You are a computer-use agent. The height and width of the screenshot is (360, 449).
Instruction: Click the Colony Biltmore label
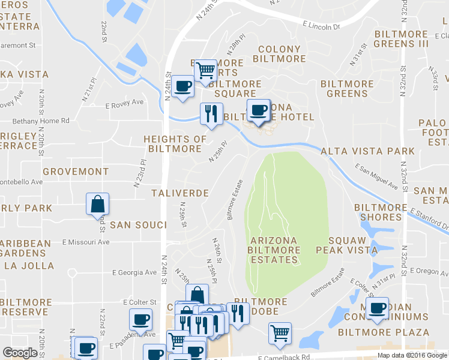click(279, 54)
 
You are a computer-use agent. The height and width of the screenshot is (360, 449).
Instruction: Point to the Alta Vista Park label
click(367, 151)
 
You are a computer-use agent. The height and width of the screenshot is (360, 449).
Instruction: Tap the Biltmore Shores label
click(386, 212)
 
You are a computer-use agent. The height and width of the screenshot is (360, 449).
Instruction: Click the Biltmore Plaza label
click(383, 332)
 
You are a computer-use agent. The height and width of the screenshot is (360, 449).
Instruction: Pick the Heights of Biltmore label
click(175, 144)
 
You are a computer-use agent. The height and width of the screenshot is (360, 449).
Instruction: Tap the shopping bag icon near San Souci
click(98, 205)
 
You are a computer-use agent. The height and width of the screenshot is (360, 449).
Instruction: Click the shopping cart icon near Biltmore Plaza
click(280, 332)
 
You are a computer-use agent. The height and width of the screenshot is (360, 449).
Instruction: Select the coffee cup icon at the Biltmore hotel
click(259, 110)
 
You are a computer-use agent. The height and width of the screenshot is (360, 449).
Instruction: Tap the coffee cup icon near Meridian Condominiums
click(376, 309)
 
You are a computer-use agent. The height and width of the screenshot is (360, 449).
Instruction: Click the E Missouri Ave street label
click(86, 242)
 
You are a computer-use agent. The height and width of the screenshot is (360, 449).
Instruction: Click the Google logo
click(20, 353)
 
